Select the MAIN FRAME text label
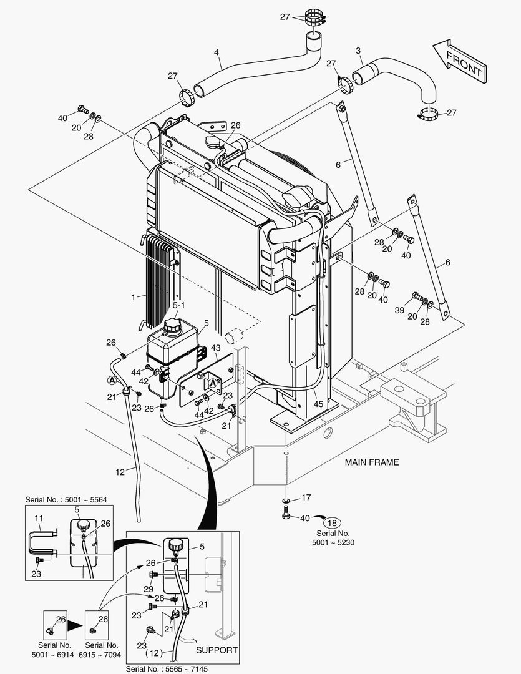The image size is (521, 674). (372, 462)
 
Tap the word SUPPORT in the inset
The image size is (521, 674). (217, 650)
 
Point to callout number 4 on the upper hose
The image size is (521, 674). (217, 53)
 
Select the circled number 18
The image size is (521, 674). (332, 523)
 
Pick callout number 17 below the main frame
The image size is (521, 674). (306, 497)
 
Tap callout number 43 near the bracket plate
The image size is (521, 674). (215, 348)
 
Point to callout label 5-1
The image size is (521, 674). (178, 305)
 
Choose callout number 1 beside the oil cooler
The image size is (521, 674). (133, 298)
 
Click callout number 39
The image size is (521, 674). (399, 310)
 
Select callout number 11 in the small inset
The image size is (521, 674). (38, 519)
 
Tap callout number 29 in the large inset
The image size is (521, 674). (149, 589)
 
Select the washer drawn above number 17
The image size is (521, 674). (285, 501)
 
